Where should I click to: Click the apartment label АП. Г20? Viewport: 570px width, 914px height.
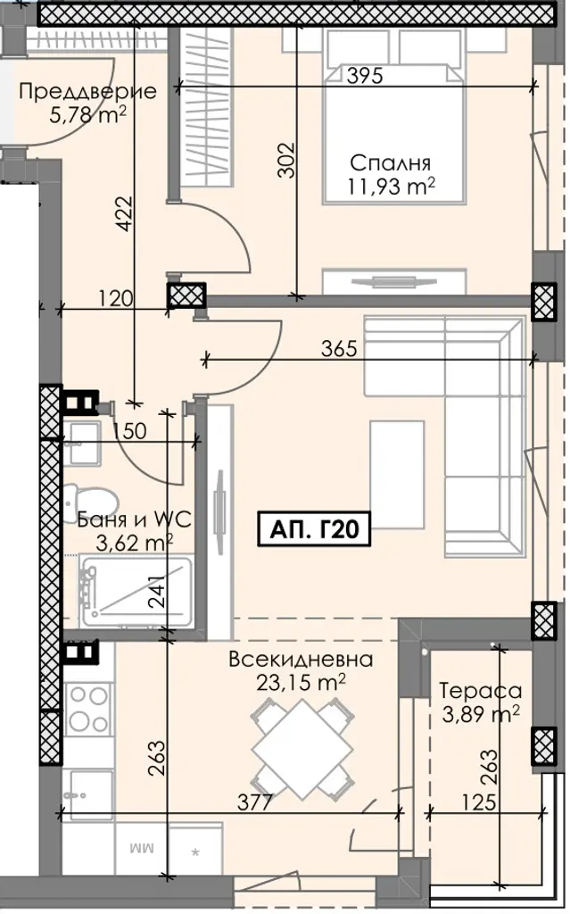point(315,529)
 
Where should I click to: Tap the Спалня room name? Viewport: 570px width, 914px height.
point(390,162)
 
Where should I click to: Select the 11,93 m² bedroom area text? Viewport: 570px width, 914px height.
point(391,187)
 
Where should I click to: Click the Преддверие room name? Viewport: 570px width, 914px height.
point(88,92)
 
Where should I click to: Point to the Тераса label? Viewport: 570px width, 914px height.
point(480,690)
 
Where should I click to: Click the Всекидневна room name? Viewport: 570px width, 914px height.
point(301,660)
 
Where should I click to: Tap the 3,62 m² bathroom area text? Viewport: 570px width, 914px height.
point(134,543)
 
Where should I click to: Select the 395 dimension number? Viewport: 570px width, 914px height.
point(365,75)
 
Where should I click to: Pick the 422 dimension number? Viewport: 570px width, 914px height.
point(125,214)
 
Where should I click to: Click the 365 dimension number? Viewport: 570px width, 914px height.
point(339,349)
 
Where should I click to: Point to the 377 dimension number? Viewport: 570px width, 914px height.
point(255,802)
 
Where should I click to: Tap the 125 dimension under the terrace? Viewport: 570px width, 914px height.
point(481,802)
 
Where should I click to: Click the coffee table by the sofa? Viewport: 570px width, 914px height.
point(397,471)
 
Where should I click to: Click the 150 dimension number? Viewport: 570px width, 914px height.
point(128,431)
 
